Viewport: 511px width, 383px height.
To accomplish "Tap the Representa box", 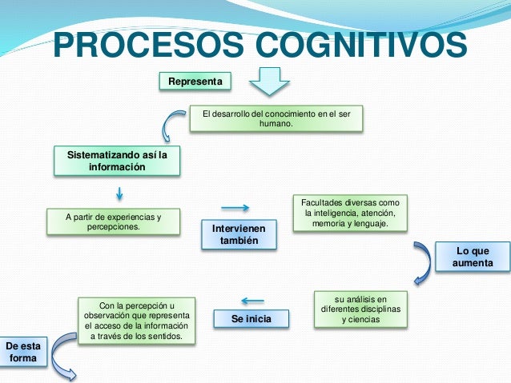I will point(195,82).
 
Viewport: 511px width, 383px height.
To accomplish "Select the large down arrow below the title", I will point(268,82).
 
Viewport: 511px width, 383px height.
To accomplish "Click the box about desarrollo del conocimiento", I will point(276,119).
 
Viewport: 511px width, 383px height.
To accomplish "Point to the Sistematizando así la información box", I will point(117,161).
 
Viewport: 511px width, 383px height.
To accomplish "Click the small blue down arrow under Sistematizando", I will point(119,193).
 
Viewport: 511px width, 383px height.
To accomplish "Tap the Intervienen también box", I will point(239,234).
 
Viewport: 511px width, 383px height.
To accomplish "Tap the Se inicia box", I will point(251,319).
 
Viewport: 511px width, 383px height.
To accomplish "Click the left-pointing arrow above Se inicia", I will point(251,301).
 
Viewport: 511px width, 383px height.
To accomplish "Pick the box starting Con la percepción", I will point(135,321).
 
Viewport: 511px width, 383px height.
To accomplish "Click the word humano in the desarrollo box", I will point(276,125).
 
